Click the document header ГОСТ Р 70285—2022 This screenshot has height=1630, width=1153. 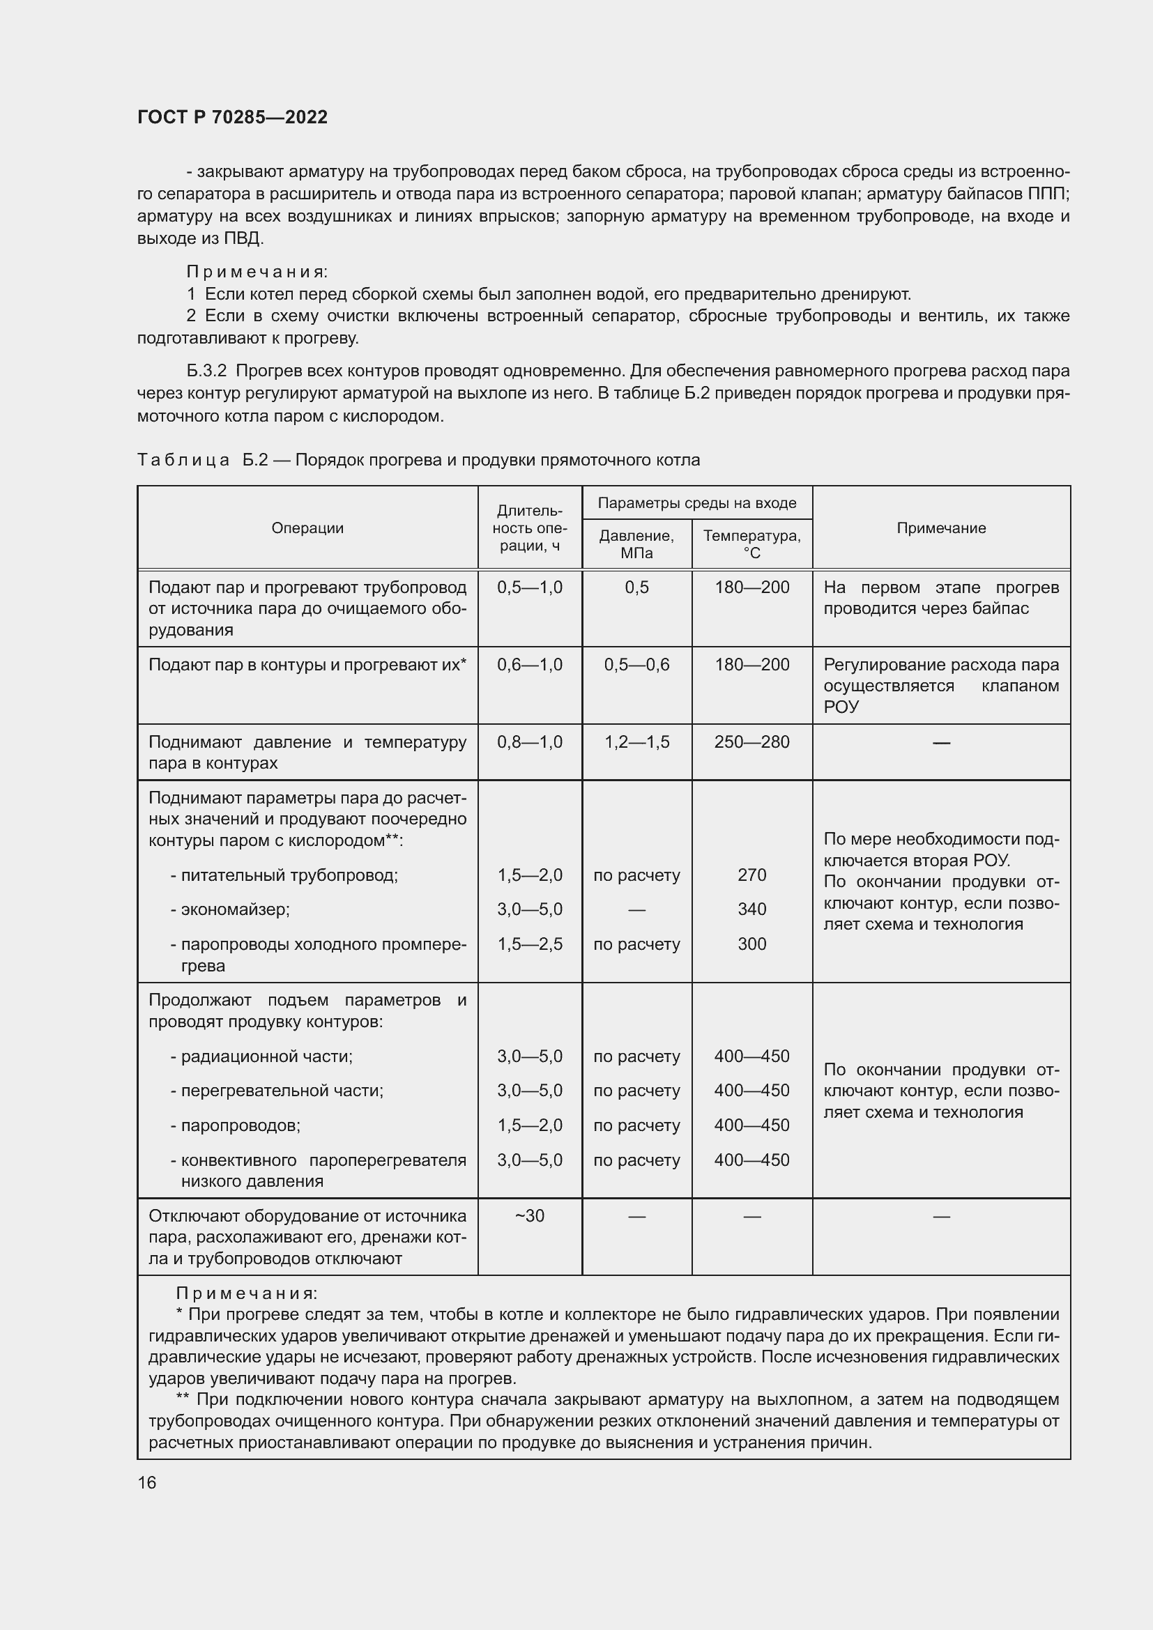click(232, 117)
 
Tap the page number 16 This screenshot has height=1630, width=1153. click(147, 1482)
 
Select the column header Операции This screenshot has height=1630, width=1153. click(307, 528)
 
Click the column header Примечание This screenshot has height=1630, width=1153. click(940, 528)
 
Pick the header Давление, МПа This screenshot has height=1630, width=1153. click(636, 544)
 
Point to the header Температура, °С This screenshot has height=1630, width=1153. click(752, 544)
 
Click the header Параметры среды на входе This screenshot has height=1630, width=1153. click(696, 503)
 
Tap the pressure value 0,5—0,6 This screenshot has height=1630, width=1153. click(636, 665)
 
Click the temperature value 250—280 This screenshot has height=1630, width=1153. click(752, 742)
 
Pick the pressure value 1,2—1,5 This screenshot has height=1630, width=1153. click(636, 742)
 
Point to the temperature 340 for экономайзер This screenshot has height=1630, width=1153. click(752, 909)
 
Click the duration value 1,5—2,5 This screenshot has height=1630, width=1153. click(530, 944)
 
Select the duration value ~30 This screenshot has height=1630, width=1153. click(530, 1215)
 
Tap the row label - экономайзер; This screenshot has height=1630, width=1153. click(230, 909)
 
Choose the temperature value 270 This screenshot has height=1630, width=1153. click(752, 875)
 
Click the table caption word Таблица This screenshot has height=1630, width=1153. click(183, 460)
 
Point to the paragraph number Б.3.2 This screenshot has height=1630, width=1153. click(206, 371)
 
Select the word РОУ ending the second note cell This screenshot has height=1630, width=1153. click(841, 707)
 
